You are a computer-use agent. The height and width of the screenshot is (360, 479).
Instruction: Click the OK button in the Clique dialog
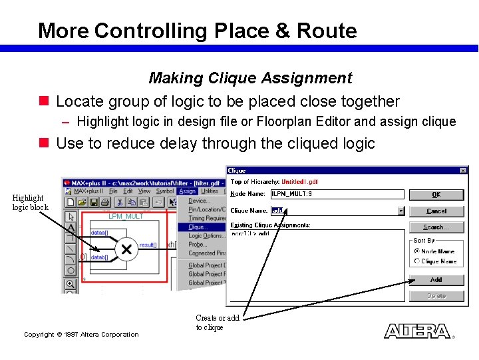436,195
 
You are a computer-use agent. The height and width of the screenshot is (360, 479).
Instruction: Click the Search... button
436,227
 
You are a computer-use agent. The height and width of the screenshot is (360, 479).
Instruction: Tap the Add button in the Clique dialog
436,280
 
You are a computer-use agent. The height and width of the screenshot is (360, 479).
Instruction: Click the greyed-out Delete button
436,296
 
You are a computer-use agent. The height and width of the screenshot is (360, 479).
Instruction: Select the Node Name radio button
417,251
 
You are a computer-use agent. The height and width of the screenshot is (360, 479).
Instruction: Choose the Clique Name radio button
417,261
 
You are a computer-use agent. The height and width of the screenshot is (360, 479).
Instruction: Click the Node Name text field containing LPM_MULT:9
337,195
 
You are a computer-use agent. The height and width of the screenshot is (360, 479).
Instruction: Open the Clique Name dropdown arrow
400,211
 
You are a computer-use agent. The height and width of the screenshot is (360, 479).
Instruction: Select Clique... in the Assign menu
198,227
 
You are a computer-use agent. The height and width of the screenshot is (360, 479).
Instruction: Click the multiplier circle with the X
125,249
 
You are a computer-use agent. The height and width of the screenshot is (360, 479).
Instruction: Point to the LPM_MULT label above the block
126,217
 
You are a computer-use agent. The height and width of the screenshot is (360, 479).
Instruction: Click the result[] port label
148,245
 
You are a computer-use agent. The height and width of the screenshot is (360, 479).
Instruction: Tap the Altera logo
416,331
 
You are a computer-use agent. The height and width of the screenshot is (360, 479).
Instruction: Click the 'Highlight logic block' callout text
30,202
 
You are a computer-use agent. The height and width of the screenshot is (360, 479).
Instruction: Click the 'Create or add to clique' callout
217,323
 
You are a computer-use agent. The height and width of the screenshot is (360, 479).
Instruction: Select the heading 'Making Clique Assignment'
250,78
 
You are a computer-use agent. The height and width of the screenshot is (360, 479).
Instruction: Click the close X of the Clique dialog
463,171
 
